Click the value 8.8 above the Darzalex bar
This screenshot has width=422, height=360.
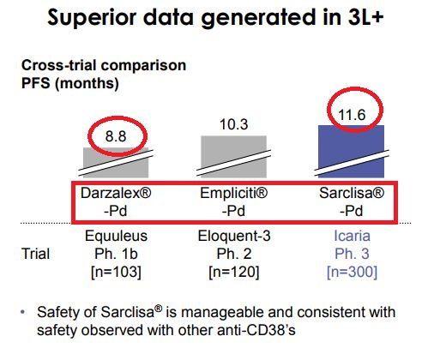pos(116,136)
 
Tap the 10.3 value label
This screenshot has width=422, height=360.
pos(233,124)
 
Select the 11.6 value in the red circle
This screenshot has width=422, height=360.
pos(352,115)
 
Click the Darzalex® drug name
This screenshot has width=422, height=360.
pos(116,193)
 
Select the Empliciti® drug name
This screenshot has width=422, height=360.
pos(233,193)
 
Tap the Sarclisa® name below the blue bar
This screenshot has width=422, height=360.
pos(352,193)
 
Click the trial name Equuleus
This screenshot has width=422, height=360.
pos(116,236)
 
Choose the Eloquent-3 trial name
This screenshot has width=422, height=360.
pos(234,236)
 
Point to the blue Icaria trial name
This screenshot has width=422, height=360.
pos(352,236)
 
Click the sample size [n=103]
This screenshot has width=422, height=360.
pos(116,272)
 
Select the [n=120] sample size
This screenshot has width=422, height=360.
pos(234,272)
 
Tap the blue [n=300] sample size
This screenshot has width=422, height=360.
pos(352,272)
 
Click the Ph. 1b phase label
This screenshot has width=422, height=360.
pos(116,254)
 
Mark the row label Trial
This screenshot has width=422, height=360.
pos(35,254)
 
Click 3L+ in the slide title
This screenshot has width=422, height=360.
pos(365,17)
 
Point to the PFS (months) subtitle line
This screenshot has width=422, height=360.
pos(70,83)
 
